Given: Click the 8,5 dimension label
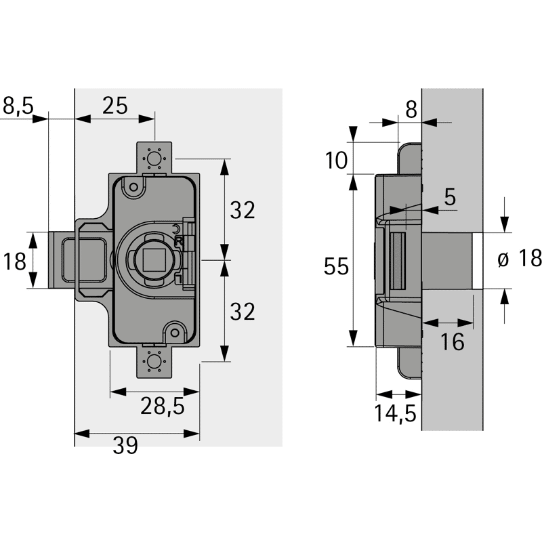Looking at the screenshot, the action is click(x=18, y=106).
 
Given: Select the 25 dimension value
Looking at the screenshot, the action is click(x=115, y=106).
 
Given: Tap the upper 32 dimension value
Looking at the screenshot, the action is click(x=243, y=210).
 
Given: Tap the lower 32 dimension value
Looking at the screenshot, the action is click(x=243, y=312).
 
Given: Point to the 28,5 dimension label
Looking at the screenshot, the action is click(x=163, y=406).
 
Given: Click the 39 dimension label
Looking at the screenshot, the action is click(x=125, y=446).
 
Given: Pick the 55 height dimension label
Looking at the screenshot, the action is click(x=336, y=266).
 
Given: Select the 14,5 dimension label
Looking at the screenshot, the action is click(x=395, y=413).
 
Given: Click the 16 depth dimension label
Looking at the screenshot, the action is click(x=452, y=342).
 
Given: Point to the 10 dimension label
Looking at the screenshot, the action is click(x=336, y=161).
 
